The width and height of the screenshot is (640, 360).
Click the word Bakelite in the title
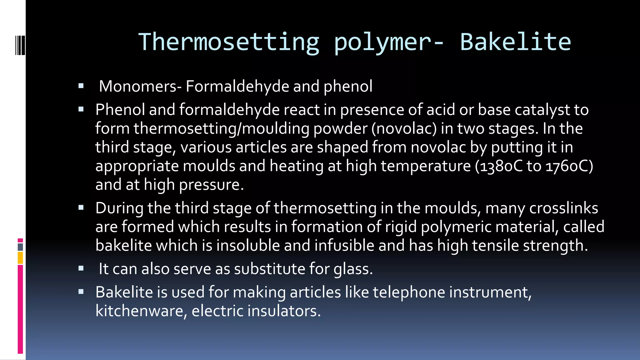point(515,42)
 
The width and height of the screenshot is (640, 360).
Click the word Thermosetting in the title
point(229,42)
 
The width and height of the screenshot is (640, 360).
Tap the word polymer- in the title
point(389,42)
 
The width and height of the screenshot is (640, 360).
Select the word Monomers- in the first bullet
point(140,86)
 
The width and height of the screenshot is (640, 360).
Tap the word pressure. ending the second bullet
point(211,185)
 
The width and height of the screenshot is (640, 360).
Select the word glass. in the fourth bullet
point(353,269)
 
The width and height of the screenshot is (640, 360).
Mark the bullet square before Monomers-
point(81,86)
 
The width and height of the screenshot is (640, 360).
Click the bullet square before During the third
point(81,207)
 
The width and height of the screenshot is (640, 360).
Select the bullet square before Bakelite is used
point(81,292)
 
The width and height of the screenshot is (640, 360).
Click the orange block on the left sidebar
point(20,258)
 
